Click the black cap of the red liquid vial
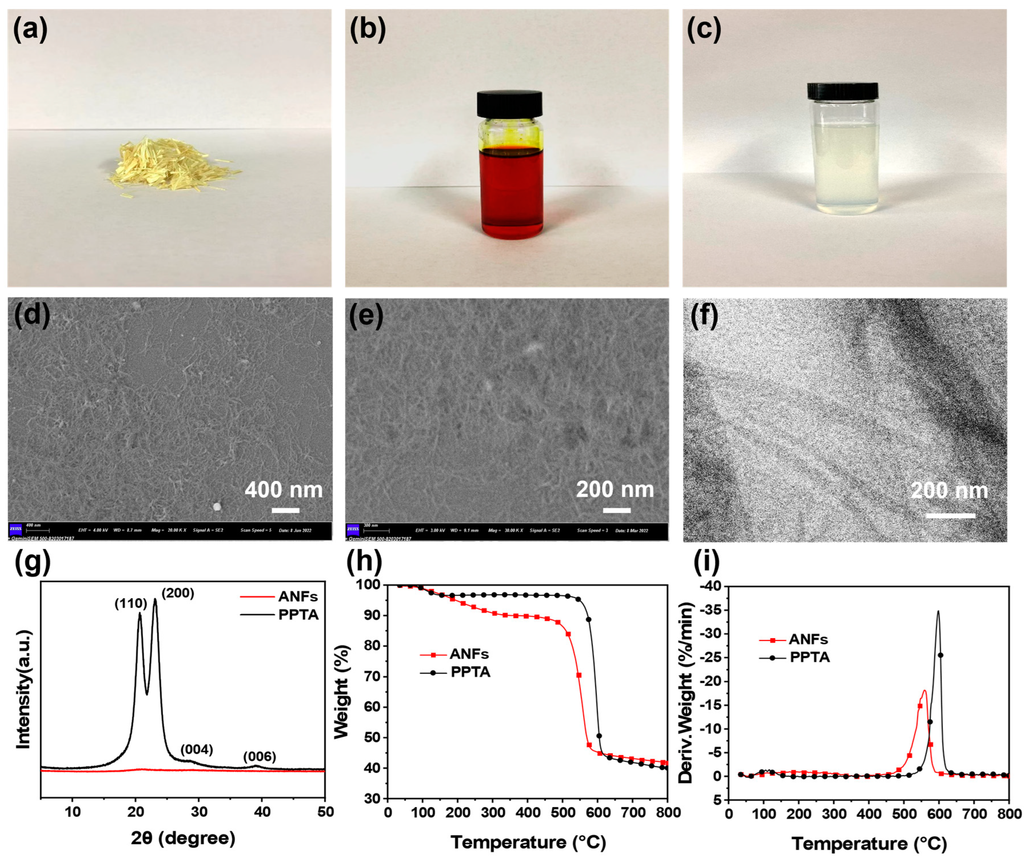(x=509, y=104)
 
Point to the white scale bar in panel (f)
(x=950, y=515)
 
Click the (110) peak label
(x=131, y=604)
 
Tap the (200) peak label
(x=178, y=593)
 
